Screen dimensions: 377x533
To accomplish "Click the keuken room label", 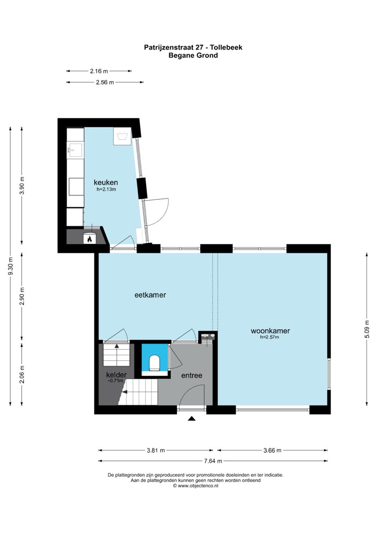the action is [x=106, y=182].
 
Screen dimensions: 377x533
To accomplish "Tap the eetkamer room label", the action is [x=150, y=295].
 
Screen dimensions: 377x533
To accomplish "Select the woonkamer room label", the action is [x=270, y=331].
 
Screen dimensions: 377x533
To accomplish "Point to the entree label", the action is [x=191, y=375].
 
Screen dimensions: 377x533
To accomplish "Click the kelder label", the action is [x=116, y=375].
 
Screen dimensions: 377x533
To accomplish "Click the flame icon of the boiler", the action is [x=90, y=239].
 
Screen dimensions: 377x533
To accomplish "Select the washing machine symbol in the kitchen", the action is [x=122, y=136].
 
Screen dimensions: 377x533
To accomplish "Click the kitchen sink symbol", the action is [x=75, y=150].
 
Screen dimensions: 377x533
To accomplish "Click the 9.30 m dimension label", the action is [x=10, y=266].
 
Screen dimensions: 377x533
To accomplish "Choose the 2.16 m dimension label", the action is [x=99, y=71].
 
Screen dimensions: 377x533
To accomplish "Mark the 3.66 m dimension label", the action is [x=273, y=450].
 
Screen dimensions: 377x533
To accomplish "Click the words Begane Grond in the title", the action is [x=193, y=56].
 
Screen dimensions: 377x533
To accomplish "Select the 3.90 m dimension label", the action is [x=22, y=185].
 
